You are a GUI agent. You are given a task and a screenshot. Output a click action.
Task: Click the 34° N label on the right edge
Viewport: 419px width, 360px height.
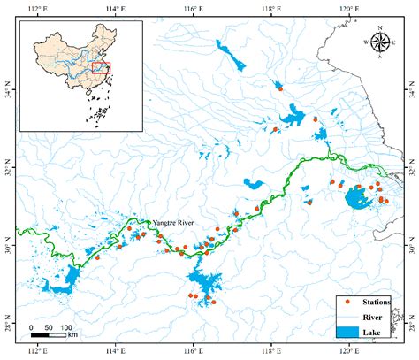point(411,91)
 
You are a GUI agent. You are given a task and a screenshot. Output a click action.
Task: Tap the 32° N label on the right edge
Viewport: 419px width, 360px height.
point(411,168)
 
